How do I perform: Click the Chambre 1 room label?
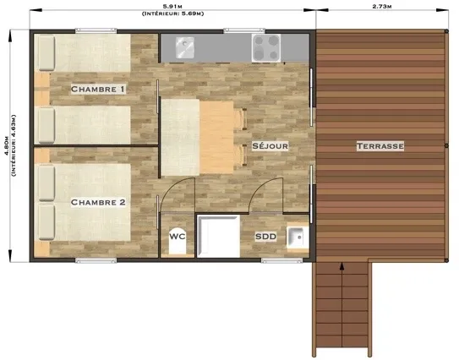[x=98, y=89]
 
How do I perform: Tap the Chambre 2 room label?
[x=98, y=202]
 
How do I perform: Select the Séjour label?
[x=270, y=145]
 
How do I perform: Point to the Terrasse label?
[x=380, y=145]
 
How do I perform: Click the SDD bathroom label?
[x=265, y=237]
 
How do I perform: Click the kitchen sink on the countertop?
[x=185, y=47]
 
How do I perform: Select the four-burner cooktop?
[x=266, y=48]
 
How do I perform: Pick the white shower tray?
[x=218, y=236]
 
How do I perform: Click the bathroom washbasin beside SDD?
[x=298, y=237]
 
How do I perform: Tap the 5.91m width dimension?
[x=172, y=7]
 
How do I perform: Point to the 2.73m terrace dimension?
[x=382, y=7]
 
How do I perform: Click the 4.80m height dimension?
[x=6, y=145]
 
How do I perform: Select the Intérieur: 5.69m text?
[x=172, y=14]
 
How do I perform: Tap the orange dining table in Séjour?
[x=216, y=137]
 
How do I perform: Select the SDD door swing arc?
[x=262, y=187]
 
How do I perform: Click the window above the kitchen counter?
[x=244, y=30]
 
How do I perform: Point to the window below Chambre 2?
[x=96, y=260]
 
